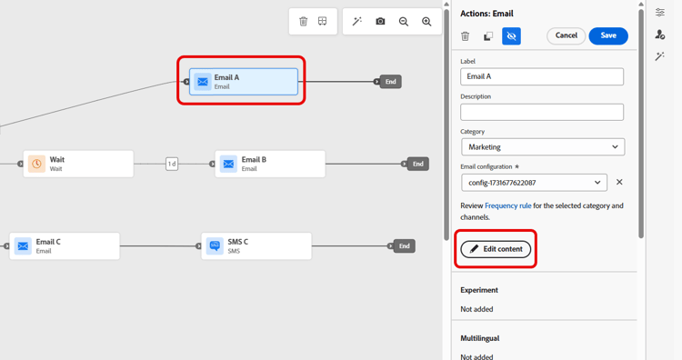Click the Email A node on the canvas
[243, 81]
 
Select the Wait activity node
[78, 164]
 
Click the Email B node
[270, 164]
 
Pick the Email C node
[65, 246]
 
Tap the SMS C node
[256, 246]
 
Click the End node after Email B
[417, 164]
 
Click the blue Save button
[608, 35]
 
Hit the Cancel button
[566, 35]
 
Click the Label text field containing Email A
[542, 76]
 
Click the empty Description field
[542, 112]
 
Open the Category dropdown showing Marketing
[542, 146]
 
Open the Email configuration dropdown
[534, 182]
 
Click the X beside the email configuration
[619, 182]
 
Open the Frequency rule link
[508, 205]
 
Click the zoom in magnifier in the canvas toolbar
[426, 21]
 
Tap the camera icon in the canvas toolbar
[380, 21]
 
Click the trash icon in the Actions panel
[466, 36]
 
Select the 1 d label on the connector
[172, 164]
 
